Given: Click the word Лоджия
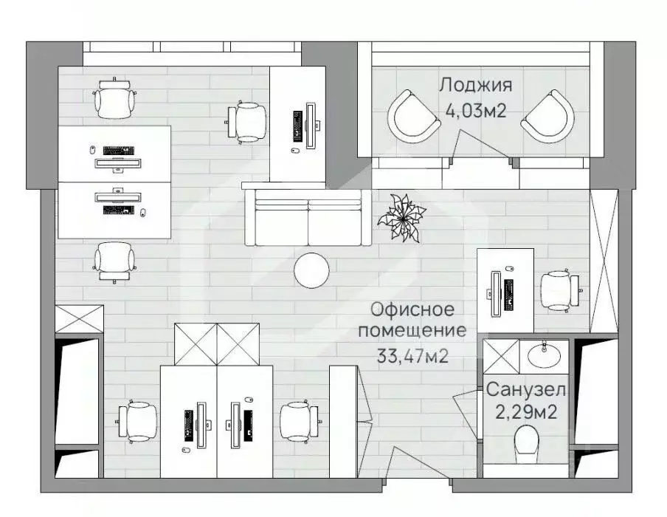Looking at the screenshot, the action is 475,86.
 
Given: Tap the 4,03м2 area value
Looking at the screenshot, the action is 476,111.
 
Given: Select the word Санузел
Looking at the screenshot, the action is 526,390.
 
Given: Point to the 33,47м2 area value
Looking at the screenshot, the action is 412,356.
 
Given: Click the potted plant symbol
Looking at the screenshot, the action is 401,218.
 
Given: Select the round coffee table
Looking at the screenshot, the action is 312,271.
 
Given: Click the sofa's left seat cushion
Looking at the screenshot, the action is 281,223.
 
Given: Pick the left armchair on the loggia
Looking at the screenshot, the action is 412,117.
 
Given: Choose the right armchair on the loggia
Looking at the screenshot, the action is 548,117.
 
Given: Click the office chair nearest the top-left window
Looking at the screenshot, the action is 115,99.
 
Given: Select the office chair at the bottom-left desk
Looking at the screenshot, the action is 137,421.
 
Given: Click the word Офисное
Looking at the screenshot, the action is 412,309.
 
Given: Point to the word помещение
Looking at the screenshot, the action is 412,331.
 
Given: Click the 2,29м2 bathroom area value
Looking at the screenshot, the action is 526,412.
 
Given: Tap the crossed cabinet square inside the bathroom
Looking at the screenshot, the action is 501,357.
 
